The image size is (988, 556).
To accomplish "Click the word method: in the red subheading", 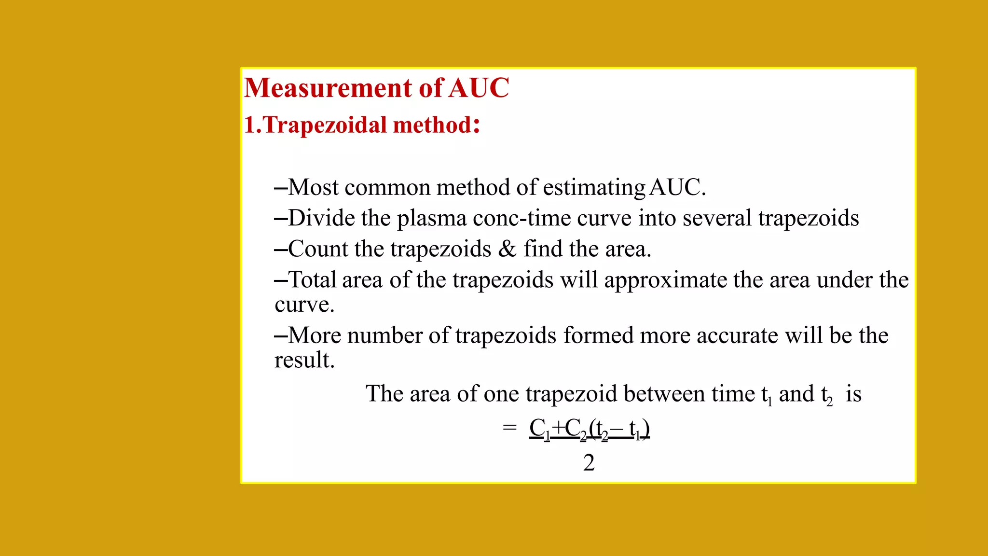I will tap(436, 125).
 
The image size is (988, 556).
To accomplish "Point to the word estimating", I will tap(594, 188).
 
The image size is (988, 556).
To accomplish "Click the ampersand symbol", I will tap(507, 249).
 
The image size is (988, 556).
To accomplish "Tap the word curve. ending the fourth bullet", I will tap(304, 305).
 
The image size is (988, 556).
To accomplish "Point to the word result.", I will tap(304, 360).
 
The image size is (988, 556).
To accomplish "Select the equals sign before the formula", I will tap(509, 428).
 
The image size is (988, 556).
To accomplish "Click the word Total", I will tap(312, 280).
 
